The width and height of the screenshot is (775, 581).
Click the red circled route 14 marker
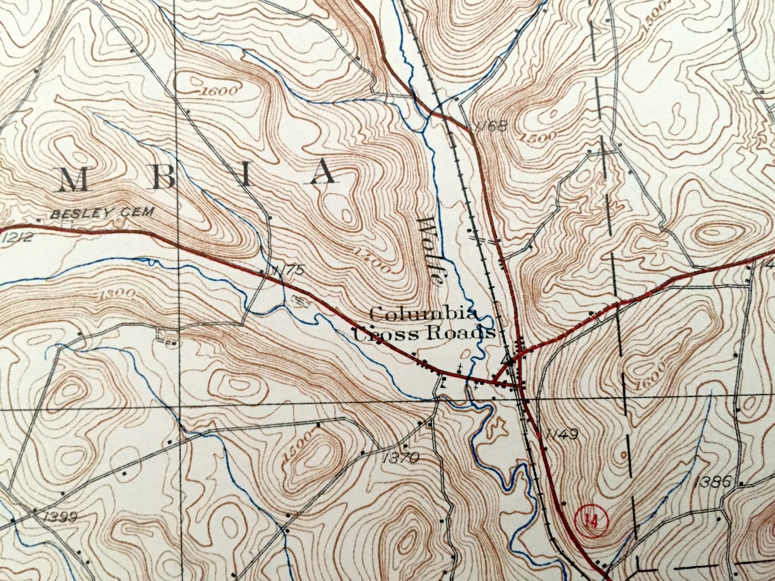[x=593, y=521]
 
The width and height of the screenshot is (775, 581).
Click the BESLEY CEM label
[x=102, y=213]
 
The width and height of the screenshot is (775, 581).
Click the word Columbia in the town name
[x=423, y=314]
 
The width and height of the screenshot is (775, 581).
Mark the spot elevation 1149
[x=561, y=434]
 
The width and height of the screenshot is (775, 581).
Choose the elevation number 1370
[x=400, y=458]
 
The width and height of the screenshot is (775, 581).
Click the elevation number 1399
[x=58, y=517]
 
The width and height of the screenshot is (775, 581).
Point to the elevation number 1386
[x=713, y=482]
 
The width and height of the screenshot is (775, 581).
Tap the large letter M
[x=72, y=179]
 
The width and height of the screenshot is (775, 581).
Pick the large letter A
[x=324, y=173]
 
